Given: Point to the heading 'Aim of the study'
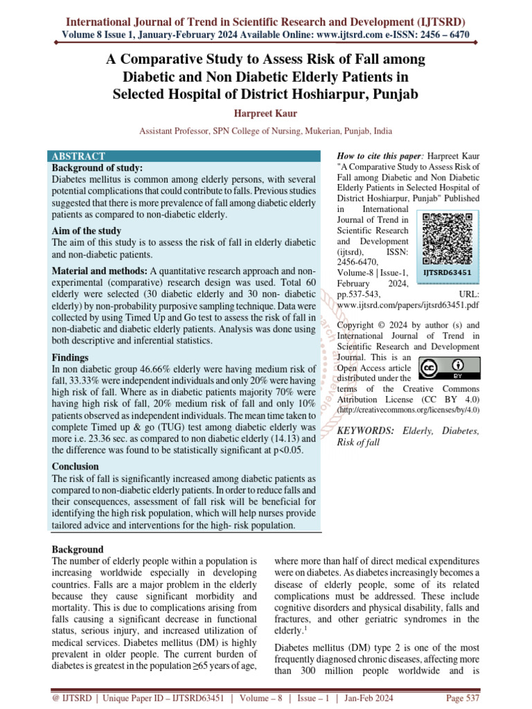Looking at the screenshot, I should coord(87,231).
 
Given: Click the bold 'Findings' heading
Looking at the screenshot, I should coord(70,357).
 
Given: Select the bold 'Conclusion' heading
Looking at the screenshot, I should coord(76,466).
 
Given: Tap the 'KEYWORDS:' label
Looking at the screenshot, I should coord(364,431).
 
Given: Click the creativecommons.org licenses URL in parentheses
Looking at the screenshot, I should coord(407,411).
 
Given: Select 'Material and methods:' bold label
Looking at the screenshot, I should coord(99,270).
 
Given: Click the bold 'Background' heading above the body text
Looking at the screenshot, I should coord(78,549).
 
